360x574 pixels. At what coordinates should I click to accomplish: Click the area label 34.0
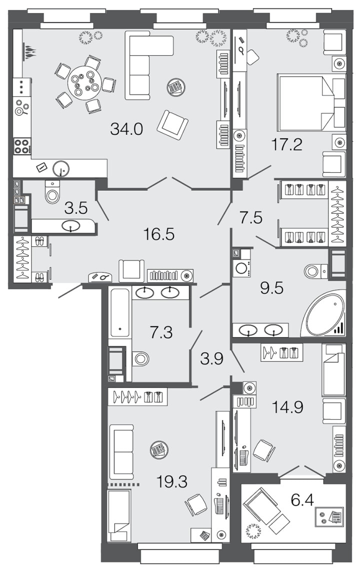point(126,129)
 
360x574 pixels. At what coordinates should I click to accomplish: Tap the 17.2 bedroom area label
point(287,144)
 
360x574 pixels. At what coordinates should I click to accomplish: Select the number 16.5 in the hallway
point(159,234)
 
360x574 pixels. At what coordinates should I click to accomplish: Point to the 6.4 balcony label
point(302,500)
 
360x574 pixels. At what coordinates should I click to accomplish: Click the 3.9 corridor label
point(211,358)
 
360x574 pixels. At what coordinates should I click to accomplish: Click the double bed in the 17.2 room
point(311,102)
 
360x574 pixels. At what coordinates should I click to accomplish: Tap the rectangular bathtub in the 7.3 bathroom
point(120,313)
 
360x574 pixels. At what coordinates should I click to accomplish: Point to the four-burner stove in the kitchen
point(21,146)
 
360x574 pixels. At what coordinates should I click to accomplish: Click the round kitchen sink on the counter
point(61,169)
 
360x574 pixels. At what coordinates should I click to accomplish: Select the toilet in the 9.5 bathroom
point(315,271)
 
